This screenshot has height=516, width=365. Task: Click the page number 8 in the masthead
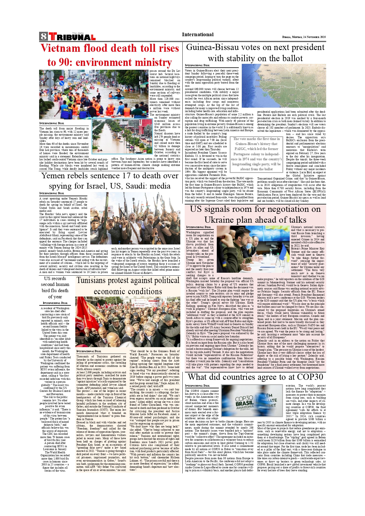pyautogui.click(x=44, y=36)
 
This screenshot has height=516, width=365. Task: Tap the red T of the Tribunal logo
pyautogui.click(x=53, y=36)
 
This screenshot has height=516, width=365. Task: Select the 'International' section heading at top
pyautogui.click(x=198, y=34)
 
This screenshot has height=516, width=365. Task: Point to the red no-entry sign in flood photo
pyautogui.click(x=61, y=78)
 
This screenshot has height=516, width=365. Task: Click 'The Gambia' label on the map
pyautogui.click(x=269, y=80)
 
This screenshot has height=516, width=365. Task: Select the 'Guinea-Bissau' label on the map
pyautogui.click(x=272, y=89)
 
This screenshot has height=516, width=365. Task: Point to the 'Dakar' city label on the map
pyautogui.click(x=258, y=71)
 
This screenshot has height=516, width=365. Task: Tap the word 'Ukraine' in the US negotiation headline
pyautogui.click(x=219, y=220)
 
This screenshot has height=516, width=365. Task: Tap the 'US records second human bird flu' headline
pyautogui.click(x=55, y=287)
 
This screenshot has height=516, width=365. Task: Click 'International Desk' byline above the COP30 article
pyautogui.click(x=197, y=385)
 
